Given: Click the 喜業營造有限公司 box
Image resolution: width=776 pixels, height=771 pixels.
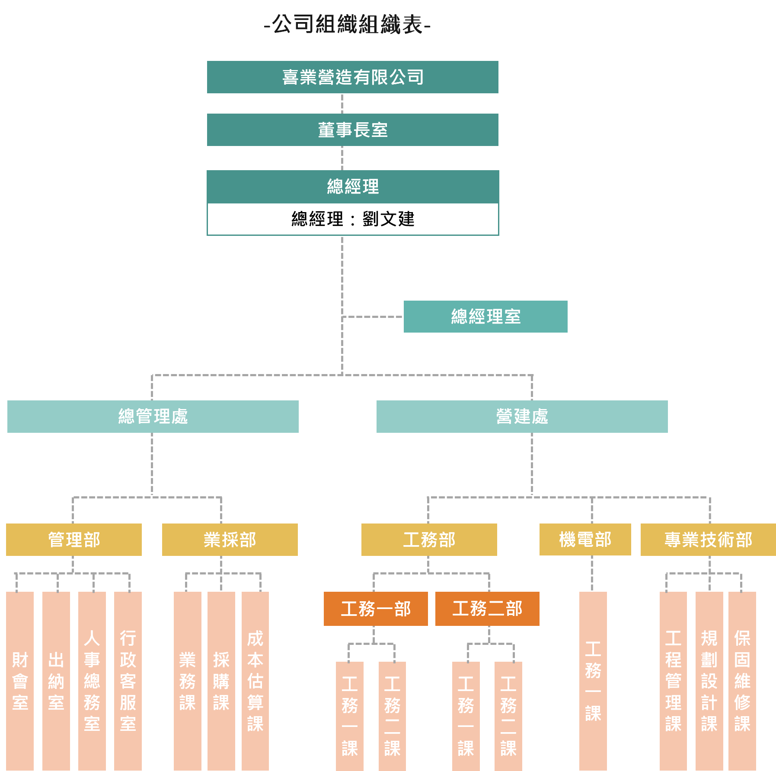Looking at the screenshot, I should click(352, 77).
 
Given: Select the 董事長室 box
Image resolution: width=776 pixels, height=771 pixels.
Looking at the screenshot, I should click(352, 130).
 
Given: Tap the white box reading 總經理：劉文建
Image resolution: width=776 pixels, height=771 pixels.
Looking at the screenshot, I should click(352, 219).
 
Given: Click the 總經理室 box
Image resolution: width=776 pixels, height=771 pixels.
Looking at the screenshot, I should click(485, 317).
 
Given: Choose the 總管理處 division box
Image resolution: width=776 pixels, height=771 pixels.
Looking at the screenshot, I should click(153, 416).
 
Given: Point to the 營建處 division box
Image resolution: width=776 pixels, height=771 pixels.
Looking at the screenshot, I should click(522, 416).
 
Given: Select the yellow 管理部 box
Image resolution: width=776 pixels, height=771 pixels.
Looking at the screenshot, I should click(74, 539).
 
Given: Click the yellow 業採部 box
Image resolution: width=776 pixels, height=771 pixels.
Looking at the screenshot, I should click(230, 539).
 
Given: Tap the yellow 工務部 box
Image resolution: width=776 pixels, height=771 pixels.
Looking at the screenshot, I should click(429, 539).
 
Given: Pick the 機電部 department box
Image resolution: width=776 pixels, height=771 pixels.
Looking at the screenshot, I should click(585, 539).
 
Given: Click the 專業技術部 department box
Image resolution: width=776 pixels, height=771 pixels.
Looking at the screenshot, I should click(708, 539).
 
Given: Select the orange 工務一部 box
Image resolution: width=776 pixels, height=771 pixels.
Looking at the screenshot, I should click(376, 609).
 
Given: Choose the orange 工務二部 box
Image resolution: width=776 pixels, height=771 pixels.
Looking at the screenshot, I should click(487, 609).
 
